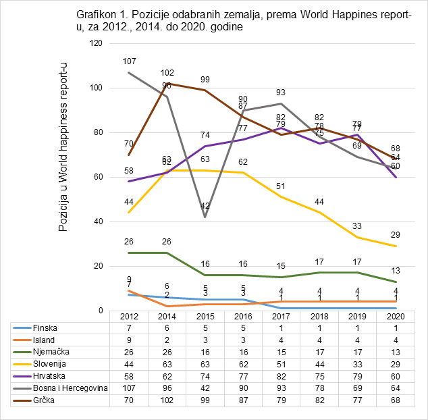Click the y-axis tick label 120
pyautogui.click(x=95, y=43)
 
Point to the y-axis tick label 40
pyautogui.click(x=97, y=221)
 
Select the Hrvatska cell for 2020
pyautogui.click(x=399, y=376)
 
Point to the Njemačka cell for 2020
pyautogui.click(x=399, y=352)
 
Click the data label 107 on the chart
pyautogui.click(x=129, y=61)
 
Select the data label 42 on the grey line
pyautogui.click(x=206, y=206)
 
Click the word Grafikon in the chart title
pyautogui.click(x=97, y=14)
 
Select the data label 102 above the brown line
pyautogui.click(x=167, y=73)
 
